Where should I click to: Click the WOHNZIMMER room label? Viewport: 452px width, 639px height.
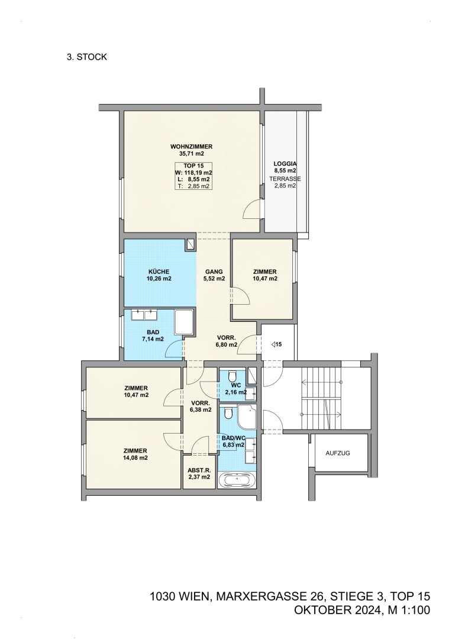[x=191, y=147]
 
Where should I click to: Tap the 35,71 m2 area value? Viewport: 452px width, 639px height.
[x=191, y=154]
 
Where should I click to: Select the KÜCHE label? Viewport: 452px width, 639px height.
[x=159, y=272]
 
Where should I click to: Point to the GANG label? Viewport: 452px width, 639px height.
[x=214, y=272]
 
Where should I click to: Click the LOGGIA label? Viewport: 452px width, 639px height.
[x=285, y=164]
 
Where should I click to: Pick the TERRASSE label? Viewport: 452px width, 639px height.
[x=285, y=179]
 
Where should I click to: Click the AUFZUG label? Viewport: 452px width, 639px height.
[x=337, y=453]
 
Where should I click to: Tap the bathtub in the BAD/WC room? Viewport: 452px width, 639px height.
[x=237, y=480]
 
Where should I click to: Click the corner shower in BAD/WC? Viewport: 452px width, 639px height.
[x=247, y=417]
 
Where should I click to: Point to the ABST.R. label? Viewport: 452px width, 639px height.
[x=199, y=470]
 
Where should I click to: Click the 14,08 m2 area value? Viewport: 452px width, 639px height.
[x=135, y=457]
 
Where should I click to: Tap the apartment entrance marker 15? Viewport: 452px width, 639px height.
[x=276, y=344]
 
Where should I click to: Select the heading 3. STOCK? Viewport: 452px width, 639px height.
[x=87, y=57]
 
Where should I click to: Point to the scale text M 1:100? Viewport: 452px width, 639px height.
[x=407, y=610]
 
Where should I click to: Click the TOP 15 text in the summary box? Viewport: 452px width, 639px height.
[x=193, y=166]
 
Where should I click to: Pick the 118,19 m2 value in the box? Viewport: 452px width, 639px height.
[x=199, y=173]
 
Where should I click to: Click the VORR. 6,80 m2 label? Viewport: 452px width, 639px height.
[x=227, y=341]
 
